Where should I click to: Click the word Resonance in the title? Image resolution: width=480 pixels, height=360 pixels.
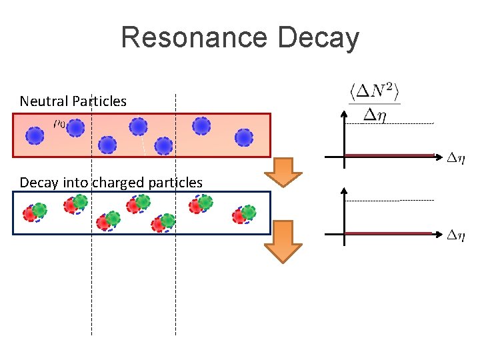coord(195,38)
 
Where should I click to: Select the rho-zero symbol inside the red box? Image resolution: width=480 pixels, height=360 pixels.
coord(59,123)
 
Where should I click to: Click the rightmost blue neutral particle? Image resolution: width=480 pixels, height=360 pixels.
coord(245,137)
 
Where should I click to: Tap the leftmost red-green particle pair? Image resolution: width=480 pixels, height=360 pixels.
coord(34,213)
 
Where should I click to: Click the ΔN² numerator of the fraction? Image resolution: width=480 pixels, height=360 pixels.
coord(374,91)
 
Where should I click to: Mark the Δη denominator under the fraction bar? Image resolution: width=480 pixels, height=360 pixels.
coord(374,115)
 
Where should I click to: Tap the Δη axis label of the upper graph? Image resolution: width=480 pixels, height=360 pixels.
coord(456,158)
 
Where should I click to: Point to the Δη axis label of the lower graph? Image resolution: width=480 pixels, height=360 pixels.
coord(456,235)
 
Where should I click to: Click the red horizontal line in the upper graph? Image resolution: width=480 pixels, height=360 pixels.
coord(390,156)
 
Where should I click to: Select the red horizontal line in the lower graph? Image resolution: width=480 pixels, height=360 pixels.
coord(390,233)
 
